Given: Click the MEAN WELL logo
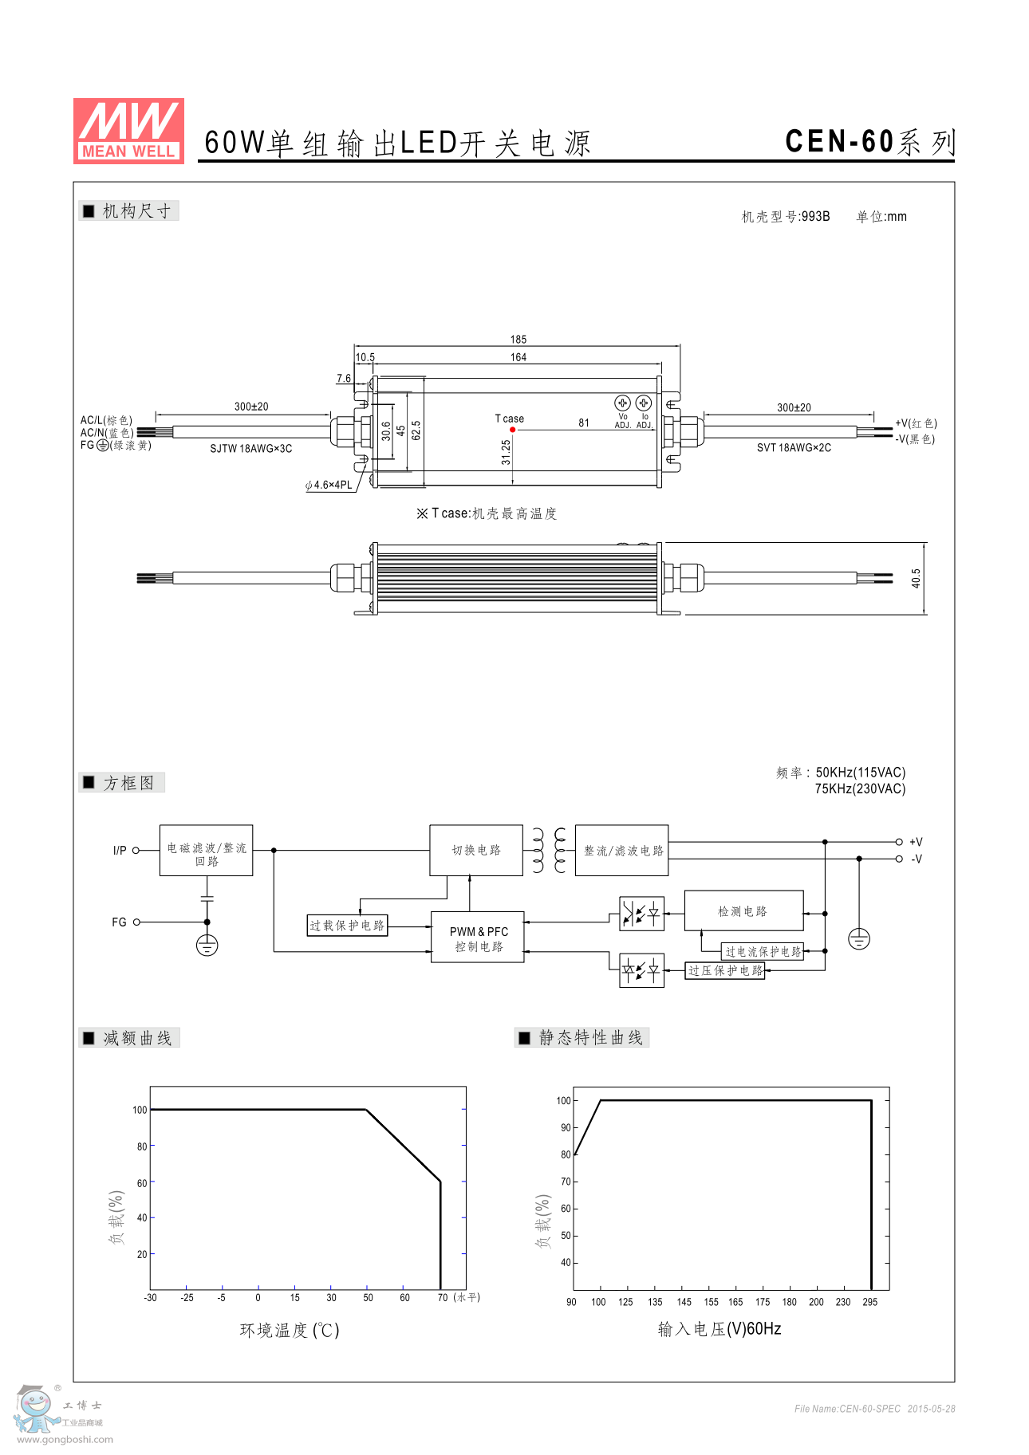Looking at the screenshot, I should click(x=128, y=131).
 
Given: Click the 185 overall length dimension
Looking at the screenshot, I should click(x=518, y=340).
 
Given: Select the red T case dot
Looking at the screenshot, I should click(x=512, y=430).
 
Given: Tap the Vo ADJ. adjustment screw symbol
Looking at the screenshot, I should click(x=622, y=403).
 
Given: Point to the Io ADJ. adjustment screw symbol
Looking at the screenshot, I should click(x=644, y=403).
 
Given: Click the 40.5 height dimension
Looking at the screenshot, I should click(x=916, y=578).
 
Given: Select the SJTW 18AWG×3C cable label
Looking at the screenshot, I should click(x=250, y=449).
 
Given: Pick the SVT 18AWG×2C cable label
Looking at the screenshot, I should click(x=794, y=448).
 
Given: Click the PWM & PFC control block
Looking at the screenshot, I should click(x=478, y=938).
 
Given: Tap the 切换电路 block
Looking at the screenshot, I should click(x=476, y=851).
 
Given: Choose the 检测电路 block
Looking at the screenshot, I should click(x=743, y=911).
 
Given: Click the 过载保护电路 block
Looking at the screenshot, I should click(x=347, y=926).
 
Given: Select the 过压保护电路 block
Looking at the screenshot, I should click(x=725, y=970).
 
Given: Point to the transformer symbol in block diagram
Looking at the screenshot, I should click(x=549, y=851).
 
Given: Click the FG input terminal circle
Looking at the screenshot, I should click(x=136, y=922).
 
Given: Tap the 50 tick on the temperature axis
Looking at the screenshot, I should click(x=368, y=1298).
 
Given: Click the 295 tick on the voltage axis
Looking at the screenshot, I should click(x=869, y=1302).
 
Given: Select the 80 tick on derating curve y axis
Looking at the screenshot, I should click(x=142, y=1146).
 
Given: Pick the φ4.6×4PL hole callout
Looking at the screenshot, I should click(x=329, y=485).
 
